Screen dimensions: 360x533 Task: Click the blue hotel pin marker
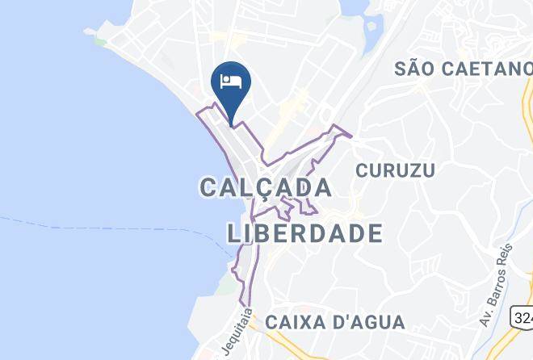(x=230, y=89)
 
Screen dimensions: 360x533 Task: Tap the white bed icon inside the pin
(x=230, y=82)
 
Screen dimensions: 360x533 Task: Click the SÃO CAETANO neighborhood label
(x=463, y=68)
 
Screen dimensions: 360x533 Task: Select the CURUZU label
(x=396, y=170)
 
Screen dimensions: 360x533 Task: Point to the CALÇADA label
(x=266, y=188)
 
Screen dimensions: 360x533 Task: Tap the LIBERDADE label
(x=304, y=233)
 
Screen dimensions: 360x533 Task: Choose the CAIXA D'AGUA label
(x=335, y=322)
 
